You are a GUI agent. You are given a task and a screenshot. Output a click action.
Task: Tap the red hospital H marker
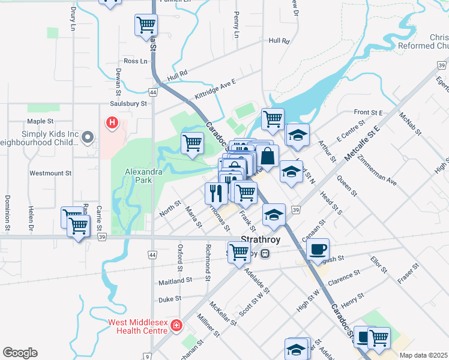[x=112, y=124]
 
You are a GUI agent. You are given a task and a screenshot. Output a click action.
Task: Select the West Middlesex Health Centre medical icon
[x=176, y=326]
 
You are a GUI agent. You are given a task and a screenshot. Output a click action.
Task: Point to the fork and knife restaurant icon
[x=216, y=193]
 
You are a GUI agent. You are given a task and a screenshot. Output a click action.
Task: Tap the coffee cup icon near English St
[x=318, y=248]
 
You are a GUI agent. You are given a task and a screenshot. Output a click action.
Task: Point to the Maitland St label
[x=175, y=280]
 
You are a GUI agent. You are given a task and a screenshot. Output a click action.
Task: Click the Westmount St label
[x=50, y=173]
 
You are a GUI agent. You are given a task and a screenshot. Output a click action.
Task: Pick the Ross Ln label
[x=135, y=61]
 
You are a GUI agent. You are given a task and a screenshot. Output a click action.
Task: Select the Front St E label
[x=369, y=112]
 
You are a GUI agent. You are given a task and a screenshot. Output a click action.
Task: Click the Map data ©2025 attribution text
[x=423, y=355]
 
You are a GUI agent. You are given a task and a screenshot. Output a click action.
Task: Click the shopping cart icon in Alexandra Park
[x=192, y=143]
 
